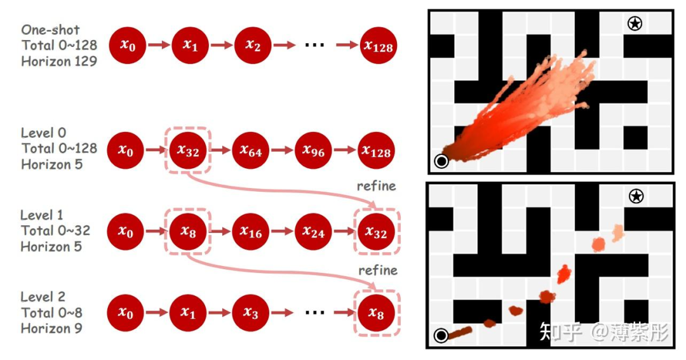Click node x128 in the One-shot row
coord(378,45)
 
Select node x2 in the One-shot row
coord(253,45)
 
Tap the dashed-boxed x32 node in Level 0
coord(187,150)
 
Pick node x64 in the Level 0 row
coord(250,150)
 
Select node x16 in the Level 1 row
coord(250,232)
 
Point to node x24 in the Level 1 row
coord(313,232)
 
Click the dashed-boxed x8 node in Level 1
coord(187,232)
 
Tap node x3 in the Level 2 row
coord(253,312)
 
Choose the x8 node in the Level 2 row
coord(376,312)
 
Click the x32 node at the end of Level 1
coord(376,232)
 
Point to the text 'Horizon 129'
coord(59,62)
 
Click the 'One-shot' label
coord(51,30)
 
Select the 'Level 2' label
coord(43,297)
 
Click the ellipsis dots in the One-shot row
coord(315,45)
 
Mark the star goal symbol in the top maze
coord(634,24)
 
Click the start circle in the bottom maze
coord(441,335)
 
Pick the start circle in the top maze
coord(441,161)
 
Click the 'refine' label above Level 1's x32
coord(377,186)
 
